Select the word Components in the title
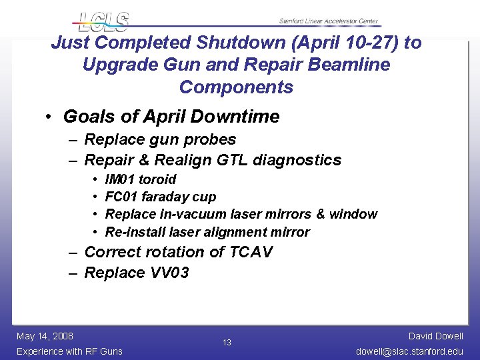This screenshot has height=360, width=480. point(236,87)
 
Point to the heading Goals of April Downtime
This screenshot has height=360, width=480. point(171,117)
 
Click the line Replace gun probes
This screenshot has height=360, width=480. point(160,139)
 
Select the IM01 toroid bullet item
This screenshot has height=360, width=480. point(141,179)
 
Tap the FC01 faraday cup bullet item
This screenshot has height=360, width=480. point(161,197)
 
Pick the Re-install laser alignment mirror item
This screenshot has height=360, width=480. point(207,232)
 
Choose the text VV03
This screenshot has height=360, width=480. point(169,273)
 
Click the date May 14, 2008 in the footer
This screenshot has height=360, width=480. point(45,336)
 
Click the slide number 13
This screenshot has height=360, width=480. point(227,343)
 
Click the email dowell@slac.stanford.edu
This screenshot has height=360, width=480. point(409,351)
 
